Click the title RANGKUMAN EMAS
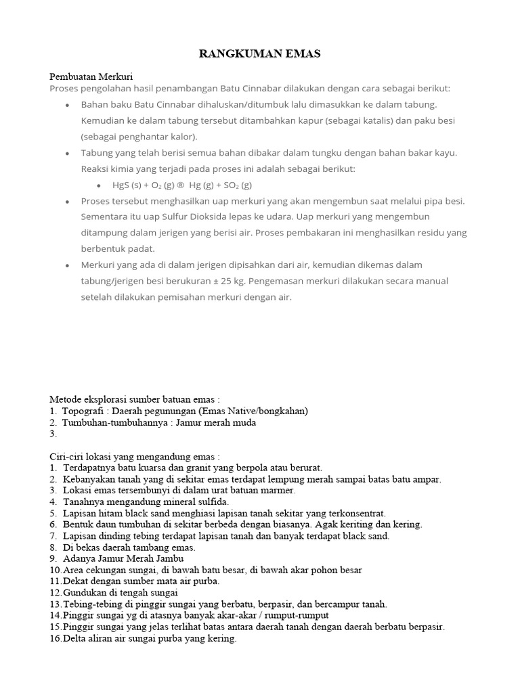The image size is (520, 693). coord(260,55)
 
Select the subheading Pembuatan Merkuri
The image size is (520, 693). coord(96,77)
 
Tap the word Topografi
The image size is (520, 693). coord(84,411)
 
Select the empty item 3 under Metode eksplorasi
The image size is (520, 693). coord(53,434)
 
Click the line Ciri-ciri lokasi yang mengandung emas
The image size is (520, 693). coord(135,457)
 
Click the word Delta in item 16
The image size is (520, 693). coord(77,638)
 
